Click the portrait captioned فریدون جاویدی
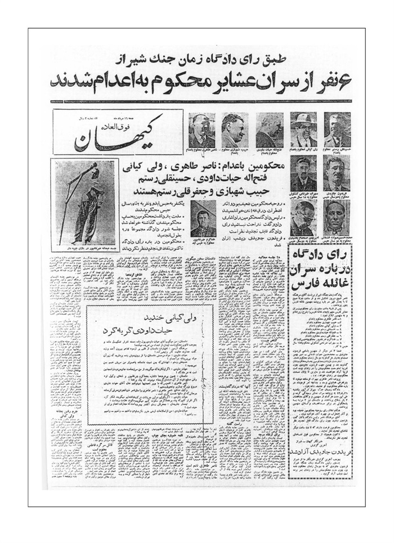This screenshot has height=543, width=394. pos(337,172)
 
